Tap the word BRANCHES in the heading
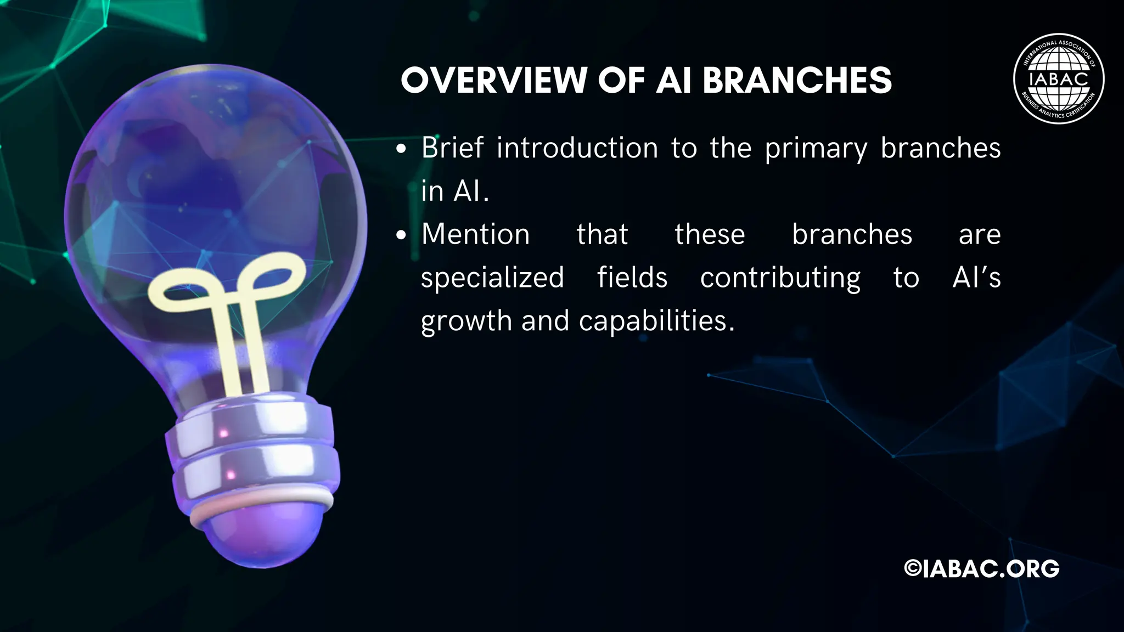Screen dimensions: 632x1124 pyautogui.click(x=797, y=81)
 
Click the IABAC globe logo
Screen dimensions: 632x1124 pyautogui.click(x=1058, y=81)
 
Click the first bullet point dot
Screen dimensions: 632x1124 pyautogui.click(x=402, y=149)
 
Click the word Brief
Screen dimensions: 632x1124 pyautogui.click(x=453, y=148)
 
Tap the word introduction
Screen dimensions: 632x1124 pyautogui.click(x=577, y=148)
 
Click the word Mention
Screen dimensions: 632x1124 pyautogui.click(x=475, y=235)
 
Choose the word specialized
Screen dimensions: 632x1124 pyautogui.click(x=492, y=278)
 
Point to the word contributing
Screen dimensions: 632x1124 pyautogui.click(x=780, y=278)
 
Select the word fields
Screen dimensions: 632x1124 pyautogui.click(x=632, y=277)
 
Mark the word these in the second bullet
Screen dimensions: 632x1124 pyautogui.click(x=710, y=235)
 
